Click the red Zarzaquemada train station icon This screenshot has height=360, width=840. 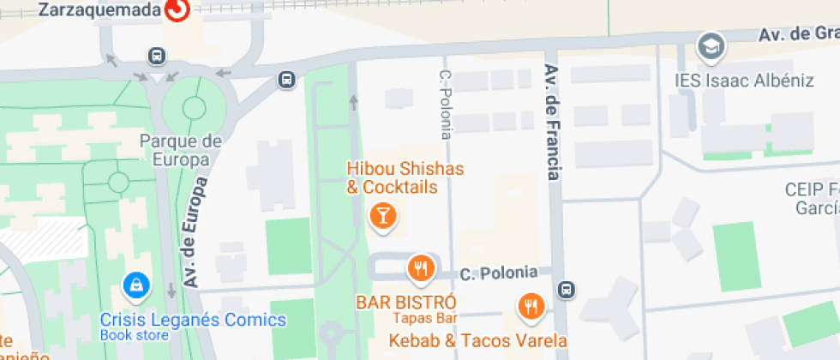[x=177, y=9]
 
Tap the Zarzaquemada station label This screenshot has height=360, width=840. [x=100, y=9]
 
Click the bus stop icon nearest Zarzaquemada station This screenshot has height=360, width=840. [x=157, y=56]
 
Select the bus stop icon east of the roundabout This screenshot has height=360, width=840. [x=286, y=81]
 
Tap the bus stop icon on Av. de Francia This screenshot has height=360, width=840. [x=566, y=290]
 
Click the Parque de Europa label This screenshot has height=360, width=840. [x=181, y=150]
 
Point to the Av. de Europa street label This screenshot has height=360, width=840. [x=196, y=231]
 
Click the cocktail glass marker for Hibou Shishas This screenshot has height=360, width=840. [x=382, y=216]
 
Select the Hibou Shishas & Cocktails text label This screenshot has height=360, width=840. [x=393, y=177]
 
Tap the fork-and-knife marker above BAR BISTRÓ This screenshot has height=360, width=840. [x=420, y=269]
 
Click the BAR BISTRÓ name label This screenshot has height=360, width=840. [x=406, y=303]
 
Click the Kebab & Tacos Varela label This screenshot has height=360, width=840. [x=478, y=340]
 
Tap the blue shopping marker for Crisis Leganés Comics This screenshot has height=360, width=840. [x=135, y=284]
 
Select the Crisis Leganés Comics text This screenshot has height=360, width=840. [x=193, y=321]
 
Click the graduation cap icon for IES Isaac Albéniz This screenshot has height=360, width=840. [x=711, y=47]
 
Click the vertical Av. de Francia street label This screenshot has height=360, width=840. [x=552, y=123]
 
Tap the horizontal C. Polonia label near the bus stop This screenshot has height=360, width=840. [x=499, y=273]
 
